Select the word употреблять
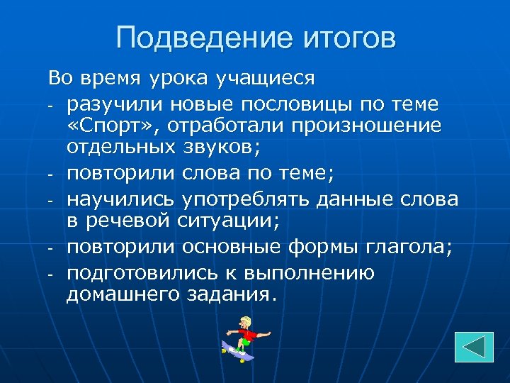tap(242, 200)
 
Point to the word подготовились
tap(138, 272)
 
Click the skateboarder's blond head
tap(245, 323)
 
